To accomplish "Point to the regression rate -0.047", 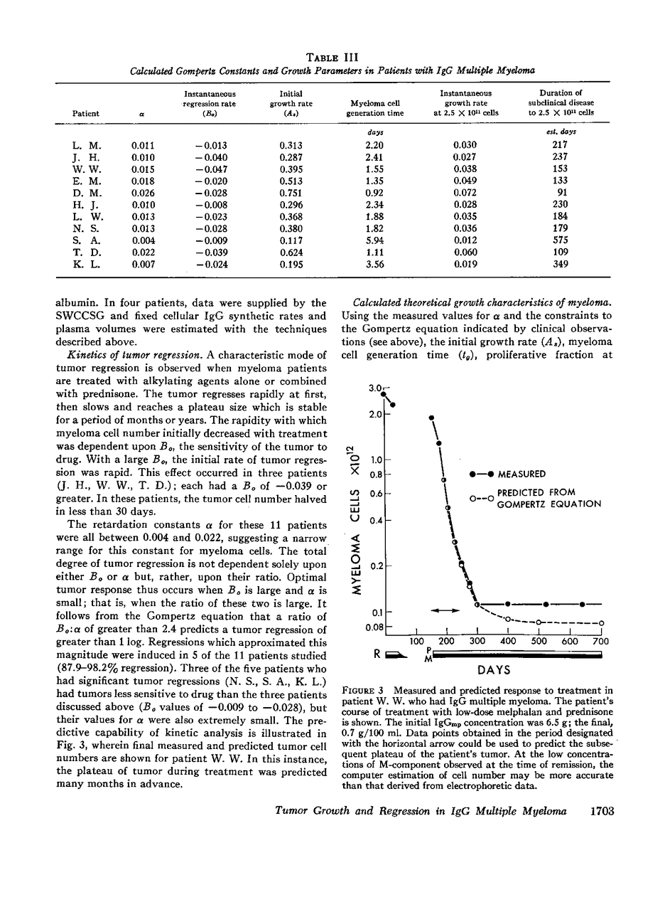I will click(210, 169).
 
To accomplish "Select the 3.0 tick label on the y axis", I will click(376, 388).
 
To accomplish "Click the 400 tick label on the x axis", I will click(508, 642).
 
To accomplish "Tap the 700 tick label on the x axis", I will click(600, 642).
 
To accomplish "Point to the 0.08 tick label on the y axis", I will click(374, 627).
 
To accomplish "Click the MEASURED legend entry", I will click(521, 474).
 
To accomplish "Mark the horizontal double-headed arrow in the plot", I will click(445, 610).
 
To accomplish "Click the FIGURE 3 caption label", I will click(364, 690).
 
